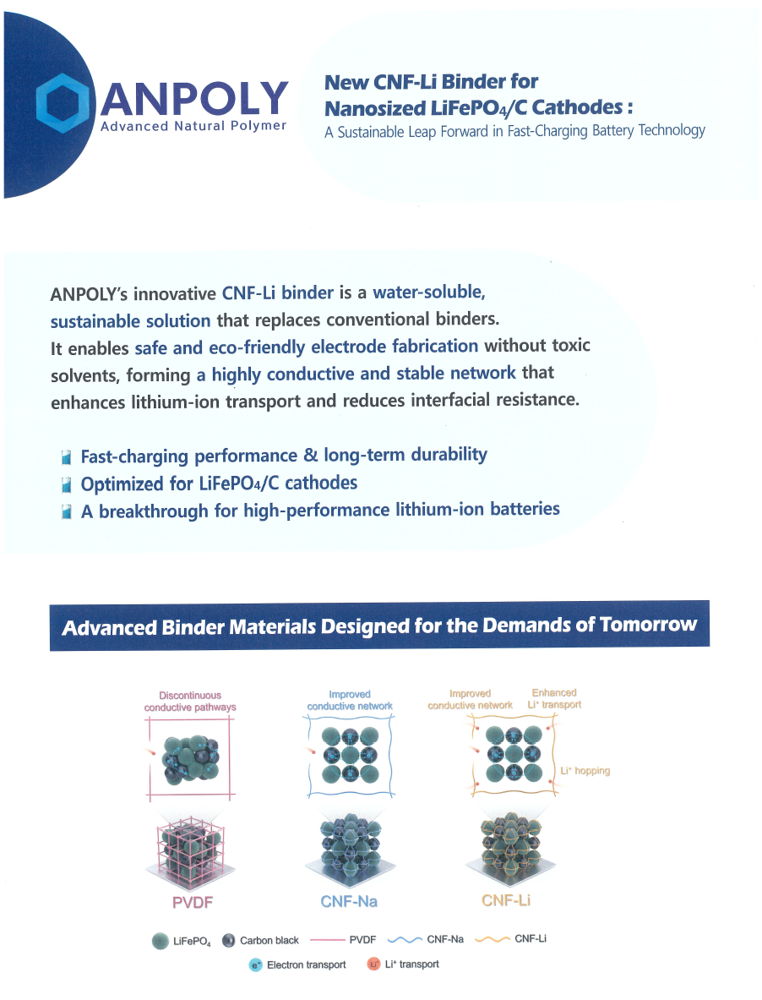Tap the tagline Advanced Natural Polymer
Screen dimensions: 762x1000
point(193,126)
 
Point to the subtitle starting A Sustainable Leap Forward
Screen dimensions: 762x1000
point(514,131)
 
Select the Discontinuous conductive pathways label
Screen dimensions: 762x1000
point(190,701)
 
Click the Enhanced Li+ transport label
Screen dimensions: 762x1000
point(555,698)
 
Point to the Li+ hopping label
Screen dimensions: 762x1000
point(585,771)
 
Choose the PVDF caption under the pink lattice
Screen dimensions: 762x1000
point(192,901)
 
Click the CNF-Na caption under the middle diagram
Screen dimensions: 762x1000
point(348,901)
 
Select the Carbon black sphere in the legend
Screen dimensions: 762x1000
point(228,941)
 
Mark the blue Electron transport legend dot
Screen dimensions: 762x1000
point(256,964)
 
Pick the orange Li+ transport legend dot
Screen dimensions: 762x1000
point(373,964)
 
